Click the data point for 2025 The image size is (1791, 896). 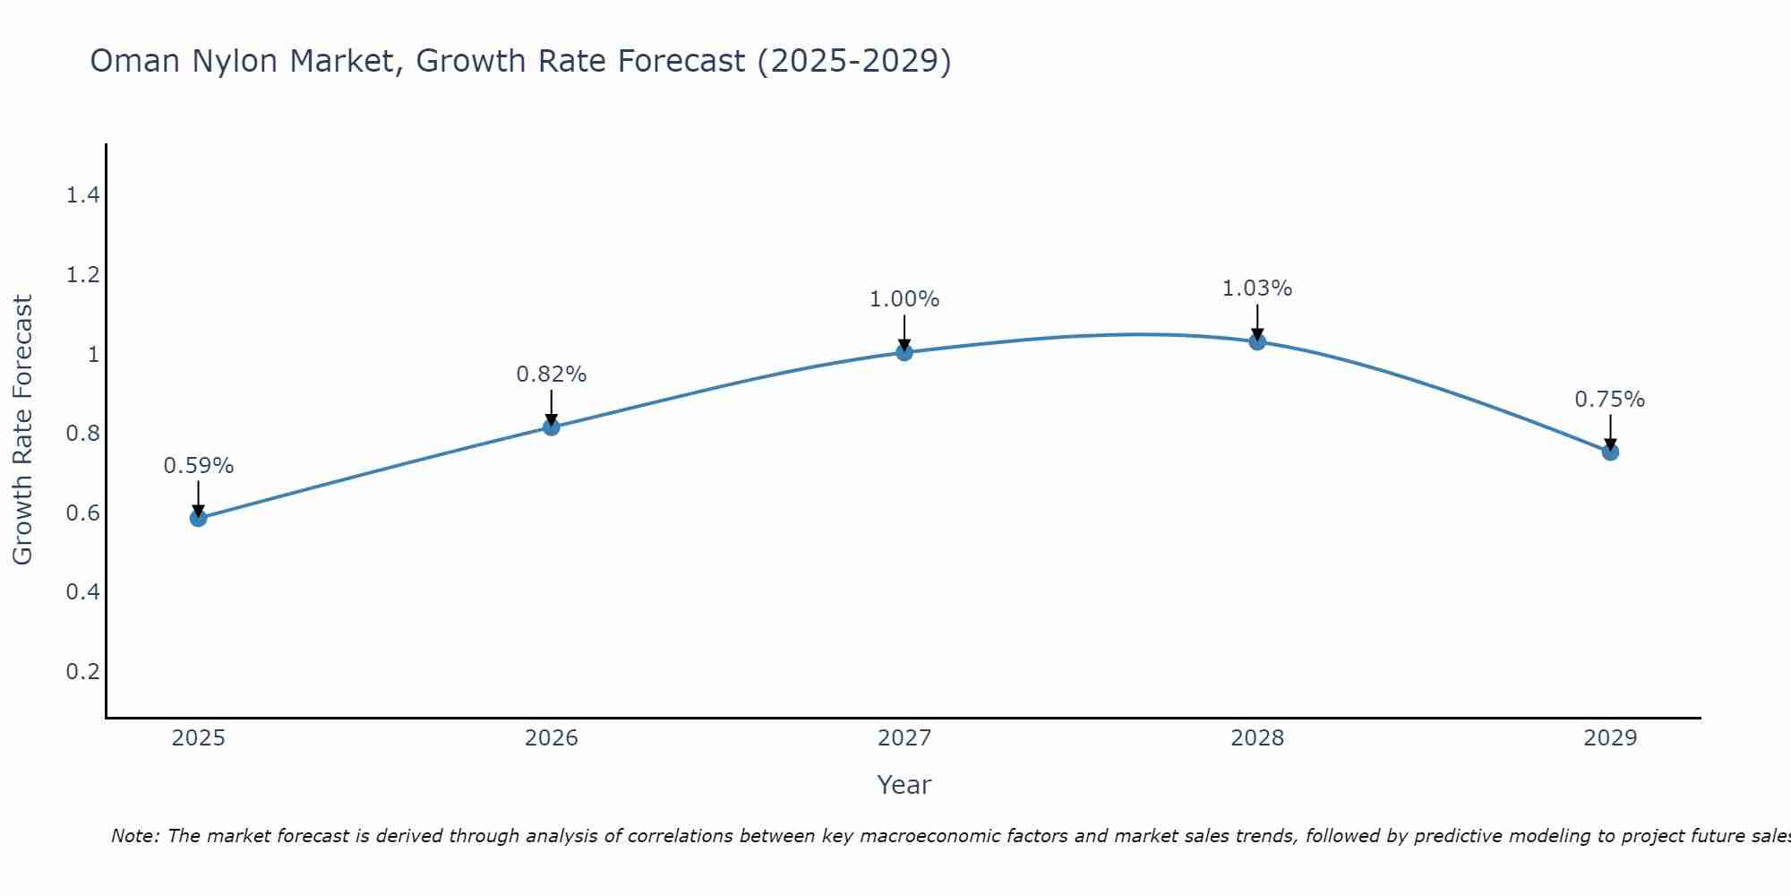[199, 518]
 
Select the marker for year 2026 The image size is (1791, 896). [552, 427]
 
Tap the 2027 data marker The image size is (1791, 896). [904, 352]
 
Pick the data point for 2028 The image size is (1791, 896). [1257, 341]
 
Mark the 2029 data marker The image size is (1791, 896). [1610, 452]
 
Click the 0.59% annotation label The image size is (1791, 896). [199, 466]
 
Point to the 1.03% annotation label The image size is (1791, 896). [1257, 289]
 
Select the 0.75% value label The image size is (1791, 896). [1610, 400]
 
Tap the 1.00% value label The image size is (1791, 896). [904, 299]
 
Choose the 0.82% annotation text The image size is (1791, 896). [552, 375]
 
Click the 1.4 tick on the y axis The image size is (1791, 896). [82, 195]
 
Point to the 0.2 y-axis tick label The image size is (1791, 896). [82, 671]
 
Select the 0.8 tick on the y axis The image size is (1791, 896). [82, 434]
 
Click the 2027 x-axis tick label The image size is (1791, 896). [904, 738]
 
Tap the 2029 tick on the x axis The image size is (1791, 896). [1610, 738]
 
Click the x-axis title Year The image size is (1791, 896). [904, 785]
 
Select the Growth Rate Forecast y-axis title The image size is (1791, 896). [22, 430]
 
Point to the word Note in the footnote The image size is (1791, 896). [134, 836]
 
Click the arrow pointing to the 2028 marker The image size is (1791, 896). [1257, 322]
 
